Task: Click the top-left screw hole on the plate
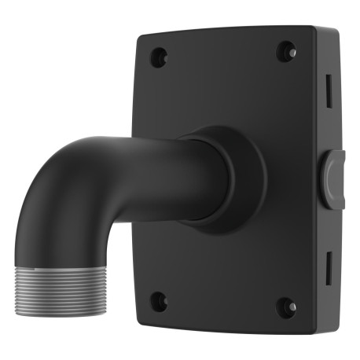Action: tap(159, 57)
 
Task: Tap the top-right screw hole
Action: tap(288, 52)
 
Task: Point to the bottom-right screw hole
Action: tap(288, 305)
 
